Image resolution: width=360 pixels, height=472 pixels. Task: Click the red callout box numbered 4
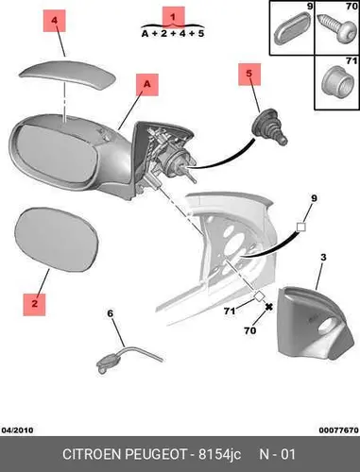pos(55,21)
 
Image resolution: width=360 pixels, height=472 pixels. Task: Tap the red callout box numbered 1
pos(173,17)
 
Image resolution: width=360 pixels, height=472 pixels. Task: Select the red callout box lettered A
pos(147,85)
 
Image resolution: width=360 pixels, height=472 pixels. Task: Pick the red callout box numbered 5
pos(249,75)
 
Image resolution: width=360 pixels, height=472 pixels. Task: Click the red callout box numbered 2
pos(34,305)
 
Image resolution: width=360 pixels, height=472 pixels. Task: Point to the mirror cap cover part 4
pos(67,75)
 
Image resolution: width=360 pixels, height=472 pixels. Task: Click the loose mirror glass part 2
pos(57,239)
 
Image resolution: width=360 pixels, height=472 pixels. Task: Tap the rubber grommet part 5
pos(269,126)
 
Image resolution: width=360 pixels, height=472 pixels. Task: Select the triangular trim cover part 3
pos(315,324)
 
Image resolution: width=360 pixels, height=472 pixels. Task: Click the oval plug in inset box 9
pos(292,28)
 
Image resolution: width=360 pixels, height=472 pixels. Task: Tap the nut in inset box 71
pos(337,82)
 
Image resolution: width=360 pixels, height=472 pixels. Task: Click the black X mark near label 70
pos(268,307)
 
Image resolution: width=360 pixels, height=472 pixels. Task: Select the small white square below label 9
pos(301,227)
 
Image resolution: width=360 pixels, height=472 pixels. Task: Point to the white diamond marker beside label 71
pos(259,296)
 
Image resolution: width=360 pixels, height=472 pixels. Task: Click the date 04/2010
pos(18,430)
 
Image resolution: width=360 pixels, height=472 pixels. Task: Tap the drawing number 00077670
pos(338,430)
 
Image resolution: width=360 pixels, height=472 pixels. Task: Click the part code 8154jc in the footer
pos(219,454)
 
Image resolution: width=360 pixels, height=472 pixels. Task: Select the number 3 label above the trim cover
pos(323,258)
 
